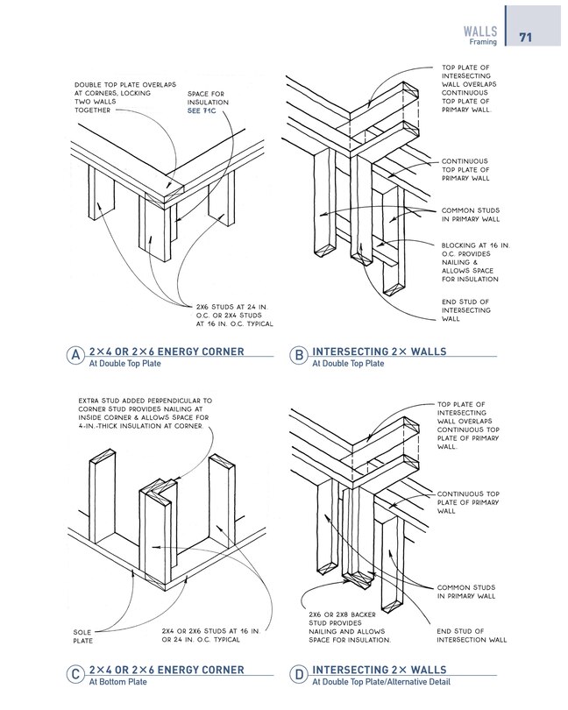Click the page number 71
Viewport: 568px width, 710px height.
pyautogui.click(x=526, y=38)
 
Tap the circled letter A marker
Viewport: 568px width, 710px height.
pyautogui.click(x=77, y=358)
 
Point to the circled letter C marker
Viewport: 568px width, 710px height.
pyautogui.click(x=77, y=676)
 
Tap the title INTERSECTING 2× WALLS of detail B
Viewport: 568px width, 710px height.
pyautogui.click(x=379, y=351)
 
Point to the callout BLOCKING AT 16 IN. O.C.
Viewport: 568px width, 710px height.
pyautogui.click(x=470, y=262)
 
